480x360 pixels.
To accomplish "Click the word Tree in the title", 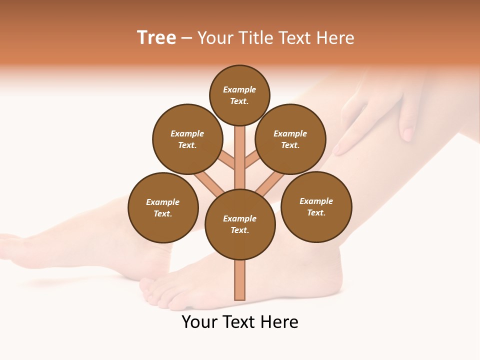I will click(x=156, y=38).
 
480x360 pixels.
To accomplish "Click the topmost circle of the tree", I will click(x=239, y=95).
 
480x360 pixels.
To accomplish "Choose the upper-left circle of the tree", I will click(x=187, y=139).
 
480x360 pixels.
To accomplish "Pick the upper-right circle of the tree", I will click(x=290, y=139).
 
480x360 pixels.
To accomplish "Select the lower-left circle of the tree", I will click(x=163, y=207).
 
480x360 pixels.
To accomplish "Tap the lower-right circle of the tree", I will click(x=316, y=206).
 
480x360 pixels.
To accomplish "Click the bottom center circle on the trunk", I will click(x=240, y=224).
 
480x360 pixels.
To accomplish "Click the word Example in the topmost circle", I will click(x=239, y=89).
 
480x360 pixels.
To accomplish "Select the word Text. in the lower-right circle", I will click(x=316, y=212).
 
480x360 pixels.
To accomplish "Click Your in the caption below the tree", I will click(x=199, y=322).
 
